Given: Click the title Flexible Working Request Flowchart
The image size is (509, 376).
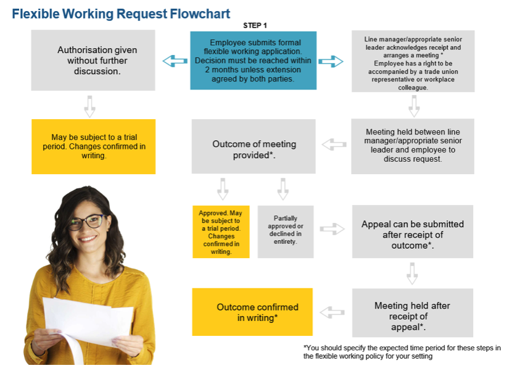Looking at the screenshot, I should [121, 14].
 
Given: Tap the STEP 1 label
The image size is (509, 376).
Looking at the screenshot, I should [255, 25].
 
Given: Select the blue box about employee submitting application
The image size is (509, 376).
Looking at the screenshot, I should [253, 61].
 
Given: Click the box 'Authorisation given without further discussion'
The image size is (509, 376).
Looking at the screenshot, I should [93, 61].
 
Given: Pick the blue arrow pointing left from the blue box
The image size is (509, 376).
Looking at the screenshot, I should [175, 61].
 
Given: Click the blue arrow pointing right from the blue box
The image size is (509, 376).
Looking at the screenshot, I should [331, 61].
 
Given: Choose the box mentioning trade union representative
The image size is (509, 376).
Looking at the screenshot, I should [413, 61].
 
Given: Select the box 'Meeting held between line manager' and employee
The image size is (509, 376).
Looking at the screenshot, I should [413, 146].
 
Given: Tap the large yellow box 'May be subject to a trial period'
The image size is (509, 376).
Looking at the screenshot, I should [93, 146].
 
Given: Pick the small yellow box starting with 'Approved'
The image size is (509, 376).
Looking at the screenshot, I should [221, 232].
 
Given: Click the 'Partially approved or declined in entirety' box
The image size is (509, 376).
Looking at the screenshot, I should [285, 232].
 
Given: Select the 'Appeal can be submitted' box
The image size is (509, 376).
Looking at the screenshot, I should [413, 232].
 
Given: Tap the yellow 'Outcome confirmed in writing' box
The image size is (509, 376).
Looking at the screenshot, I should [252, 312].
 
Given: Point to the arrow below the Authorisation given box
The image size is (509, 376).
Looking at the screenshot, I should [90, 106].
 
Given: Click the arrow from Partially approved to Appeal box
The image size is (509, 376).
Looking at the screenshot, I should [333, 229].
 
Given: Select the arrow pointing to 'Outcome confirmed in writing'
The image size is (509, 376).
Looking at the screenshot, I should [333, 312].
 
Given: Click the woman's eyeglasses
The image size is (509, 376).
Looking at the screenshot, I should [87, 221].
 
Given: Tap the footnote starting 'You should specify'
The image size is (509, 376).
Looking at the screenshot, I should [402, 351].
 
